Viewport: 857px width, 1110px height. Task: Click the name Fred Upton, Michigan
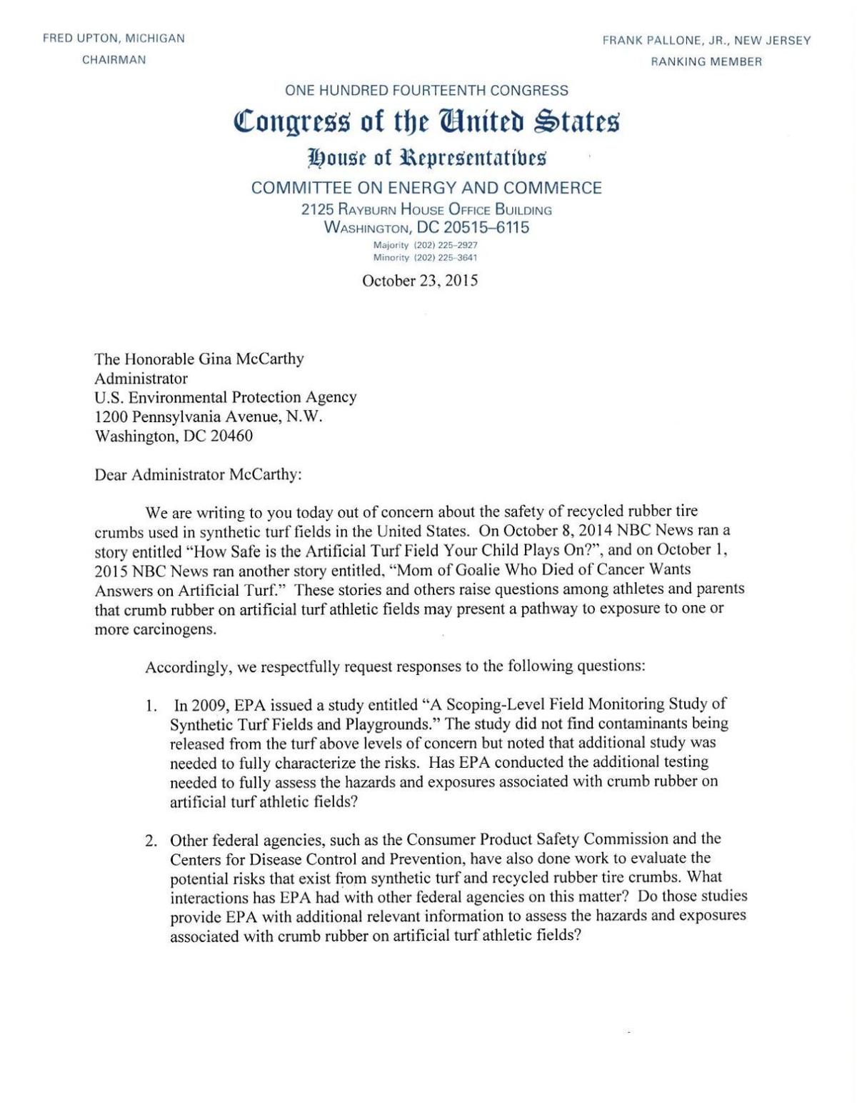[114, 39]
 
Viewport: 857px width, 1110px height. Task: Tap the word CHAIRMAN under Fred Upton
[114, 60]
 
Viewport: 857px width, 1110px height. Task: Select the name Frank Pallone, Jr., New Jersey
[706, 41]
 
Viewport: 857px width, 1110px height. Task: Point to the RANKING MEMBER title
[706, 61]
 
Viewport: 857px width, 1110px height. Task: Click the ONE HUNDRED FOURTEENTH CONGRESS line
[426, 91]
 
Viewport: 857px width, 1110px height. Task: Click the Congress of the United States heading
[426, 123]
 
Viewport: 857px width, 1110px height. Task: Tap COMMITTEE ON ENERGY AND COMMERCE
[426, 188]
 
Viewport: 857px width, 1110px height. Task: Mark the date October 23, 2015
[420, 281]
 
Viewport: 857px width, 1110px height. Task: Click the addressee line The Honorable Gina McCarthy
[199, 359]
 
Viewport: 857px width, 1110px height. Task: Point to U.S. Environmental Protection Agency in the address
[226, 397]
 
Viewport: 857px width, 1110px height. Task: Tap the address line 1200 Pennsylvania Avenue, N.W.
[209, 416]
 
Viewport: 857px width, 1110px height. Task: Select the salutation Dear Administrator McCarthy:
[198, 475]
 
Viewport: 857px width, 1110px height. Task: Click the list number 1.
[151, 706]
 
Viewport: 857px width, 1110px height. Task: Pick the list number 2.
[151, 840]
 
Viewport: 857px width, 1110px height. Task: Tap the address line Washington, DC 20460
[174, 436]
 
